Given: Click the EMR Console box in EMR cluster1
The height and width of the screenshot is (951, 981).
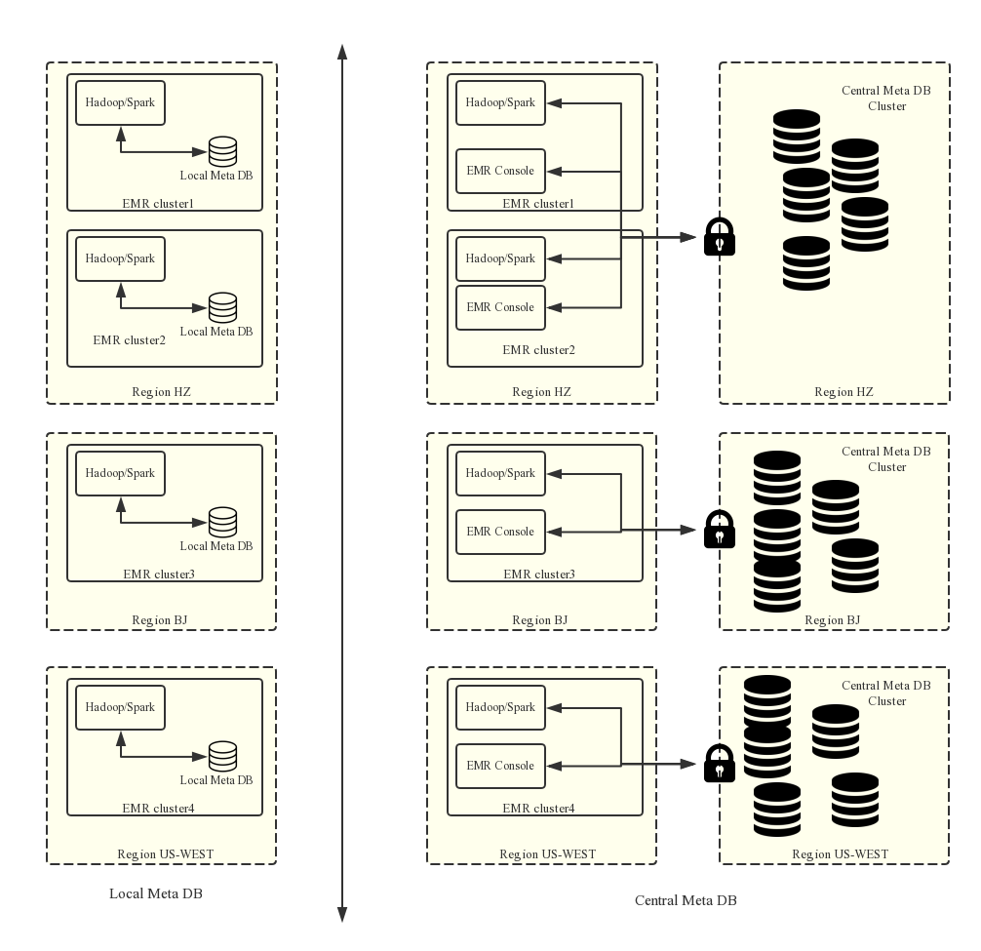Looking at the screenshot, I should (500, 171).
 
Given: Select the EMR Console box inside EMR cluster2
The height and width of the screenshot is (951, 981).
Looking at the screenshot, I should (500, 307).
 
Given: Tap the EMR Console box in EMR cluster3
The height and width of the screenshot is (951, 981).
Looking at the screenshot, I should (500, 532).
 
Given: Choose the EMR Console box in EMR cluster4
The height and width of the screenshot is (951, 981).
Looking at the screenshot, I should (500, 766).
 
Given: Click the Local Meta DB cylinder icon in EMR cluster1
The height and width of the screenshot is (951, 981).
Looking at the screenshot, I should (222, 151).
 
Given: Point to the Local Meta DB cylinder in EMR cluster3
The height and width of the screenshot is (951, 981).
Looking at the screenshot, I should (222, 522).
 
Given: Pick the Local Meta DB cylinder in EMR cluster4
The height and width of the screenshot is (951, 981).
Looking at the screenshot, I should (222, 756).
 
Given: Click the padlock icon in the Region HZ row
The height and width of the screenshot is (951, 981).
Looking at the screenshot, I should (722, 237).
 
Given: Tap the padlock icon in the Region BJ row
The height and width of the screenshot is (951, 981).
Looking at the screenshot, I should (722, 530).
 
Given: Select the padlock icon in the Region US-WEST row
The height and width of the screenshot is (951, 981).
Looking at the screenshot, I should (722, 764).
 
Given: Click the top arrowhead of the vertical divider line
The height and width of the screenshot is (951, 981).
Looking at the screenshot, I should (342, 51).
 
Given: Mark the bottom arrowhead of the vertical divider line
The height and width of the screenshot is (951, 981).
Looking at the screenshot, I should (342, 914).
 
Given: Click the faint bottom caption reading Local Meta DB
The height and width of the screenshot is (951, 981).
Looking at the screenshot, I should (156, 893).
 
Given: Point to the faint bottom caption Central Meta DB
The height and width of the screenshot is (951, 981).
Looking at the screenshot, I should (686, 900).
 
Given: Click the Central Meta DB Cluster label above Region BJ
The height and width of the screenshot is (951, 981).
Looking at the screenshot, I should (886, 459).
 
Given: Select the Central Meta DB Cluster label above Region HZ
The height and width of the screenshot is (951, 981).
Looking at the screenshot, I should (886, 99).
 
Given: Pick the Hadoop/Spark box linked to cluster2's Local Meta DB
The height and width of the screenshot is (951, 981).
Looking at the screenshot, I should (120, 258).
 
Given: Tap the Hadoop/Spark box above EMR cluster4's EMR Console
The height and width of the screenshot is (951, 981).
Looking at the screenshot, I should (500, 707).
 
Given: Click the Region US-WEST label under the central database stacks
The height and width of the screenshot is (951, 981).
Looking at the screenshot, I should (840, 854).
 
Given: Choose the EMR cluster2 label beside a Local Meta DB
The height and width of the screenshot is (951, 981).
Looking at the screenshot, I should (130, 340).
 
